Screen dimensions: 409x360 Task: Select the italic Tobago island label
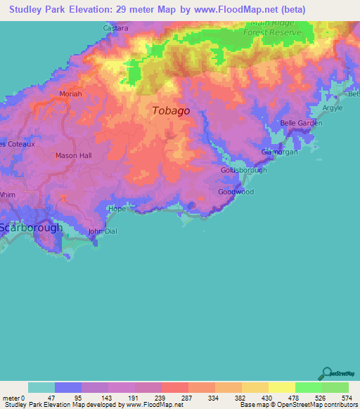[x=171, y=110]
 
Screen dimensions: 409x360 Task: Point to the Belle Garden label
[x=301, y=123]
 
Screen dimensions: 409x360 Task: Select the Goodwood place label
[x=236, y=192]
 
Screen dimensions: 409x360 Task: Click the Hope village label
[x=117, y=209]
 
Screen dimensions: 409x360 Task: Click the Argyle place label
[x=333, y=109]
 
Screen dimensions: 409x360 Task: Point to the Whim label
[x=7, y=195]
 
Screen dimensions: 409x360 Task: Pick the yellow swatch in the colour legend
[x=281, y=387]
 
